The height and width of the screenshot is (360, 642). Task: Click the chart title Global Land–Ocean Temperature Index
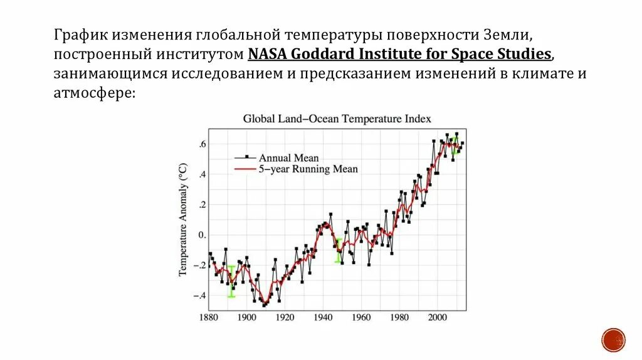tap(337, 119)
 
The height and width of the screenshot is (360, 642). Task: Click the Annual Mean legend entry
tap(289, 158)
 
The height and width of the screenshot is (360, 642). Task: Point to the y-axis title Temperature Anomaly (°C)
tap(183, 220)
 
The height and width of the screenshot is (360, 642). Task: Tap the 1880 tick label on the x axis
tap(208, 317)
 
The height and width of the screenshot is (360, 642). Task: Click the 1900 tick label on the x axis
tap(246, 317)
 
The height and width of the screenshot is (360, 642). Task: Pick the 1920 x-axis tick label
tap(285, 317)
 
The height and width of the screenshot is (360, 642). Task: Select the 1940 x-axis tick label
tap(323, 317)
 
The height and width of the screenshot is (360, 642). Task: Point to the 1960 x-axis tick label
tap(361, 317)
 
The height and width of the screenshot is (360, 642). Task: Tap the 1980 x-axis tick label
tap(399, 317)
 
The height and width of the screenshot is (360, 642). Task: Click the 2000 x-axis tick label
tap(438, 317)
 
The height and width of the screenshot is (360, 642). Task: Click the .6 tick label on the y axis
tap(202, 144)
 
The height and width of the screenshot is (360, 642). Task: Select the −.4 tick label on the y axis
tap(199, 295)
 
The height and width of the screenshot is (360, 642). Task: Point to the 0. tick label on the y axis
tap(202, 235)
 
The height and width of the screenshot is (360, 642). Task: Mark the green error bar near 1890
tap(231, 281)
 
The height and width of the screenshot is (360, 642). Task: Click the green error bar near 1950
tap(339, 250)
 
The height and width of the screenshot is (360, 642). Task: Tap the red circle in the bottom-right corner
tap(613, 339)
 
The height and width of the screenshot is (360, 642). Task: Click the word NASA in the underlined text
tap(266, 53)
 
